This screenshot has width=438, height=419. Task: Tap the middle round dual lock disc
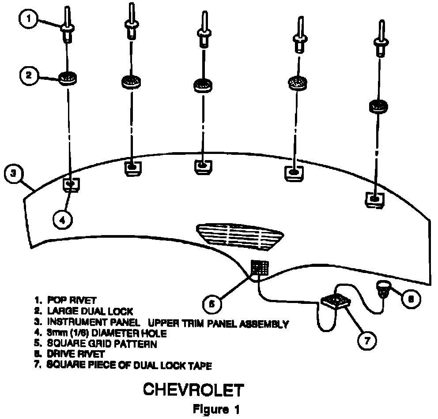click(x=204, y=84)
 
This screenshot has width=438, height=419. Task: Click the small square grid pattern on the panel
click(x=260, y=267)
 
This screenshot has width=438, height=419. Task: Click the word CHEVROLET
click(x=193, y=390)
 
